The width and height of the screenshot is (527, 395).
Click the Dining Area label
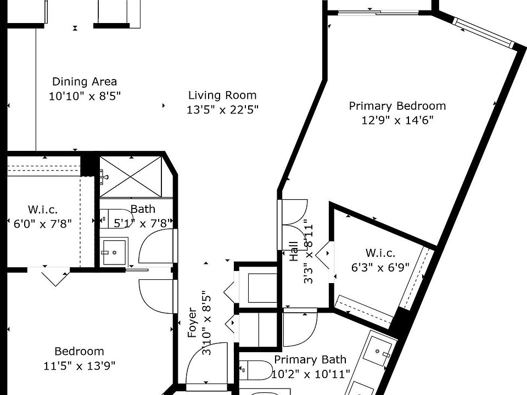tap(85, 82)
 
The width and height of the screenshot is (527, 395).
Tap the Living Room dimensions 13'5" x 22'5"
tap(222, 110)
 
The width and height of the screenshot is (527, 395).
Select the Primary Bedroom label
tap(397, 106)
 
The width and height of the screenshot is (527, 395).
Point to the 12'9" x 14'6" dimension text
tap(397, 120)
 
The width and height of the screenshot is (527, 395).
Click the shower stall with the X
tap(131, 177)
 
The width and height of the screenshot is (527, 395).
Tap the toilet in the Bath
tap(116, 218)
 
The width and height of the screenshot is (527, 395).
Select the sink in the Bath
tap(114, 252)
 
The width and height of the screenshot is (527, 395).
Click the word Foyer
tap(192, 323)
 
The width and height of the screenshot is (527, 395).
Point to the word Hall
tap(294, 251)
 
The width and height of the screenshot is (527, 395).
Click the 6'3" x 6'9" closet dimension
tap(380, 267)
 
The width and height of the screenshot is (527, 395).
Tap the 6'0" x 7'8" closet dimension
tap(43, 223)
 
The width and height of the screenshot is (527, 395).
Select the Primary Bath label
tap(310, 359)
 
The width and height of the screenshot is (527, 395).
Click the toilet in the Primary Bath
tap(256, 370)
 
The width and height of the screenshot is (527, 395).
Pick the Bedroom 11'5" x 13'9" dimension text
tap(79, 365)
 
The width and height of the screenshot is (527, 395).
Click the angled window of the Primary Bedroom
tap(484, 32)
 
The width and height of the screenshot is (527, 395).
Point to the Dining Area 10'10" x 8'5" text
tap(85, 96)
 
